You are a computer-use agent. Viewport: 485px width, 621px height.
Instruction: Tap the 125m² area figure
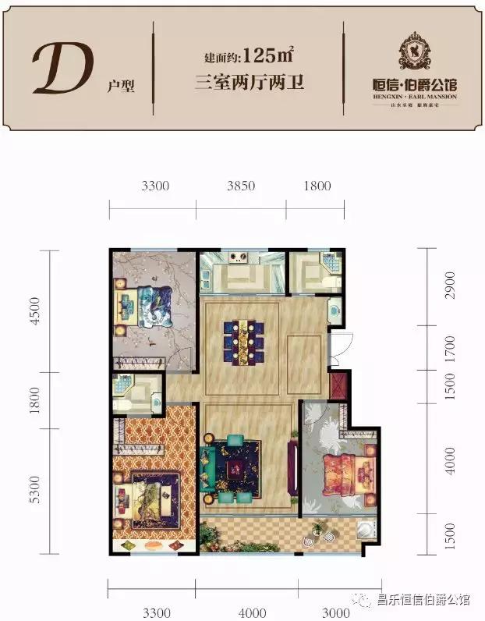click(268, 55)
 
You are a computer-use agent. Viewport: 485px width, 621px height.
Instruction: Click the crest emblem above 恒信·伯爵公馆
click(410, 51)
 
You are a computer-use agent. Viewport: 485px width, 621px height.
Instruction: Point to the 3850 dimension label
click(241, 186)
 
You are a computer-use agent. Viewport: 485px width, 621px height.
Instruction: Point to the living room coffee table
click(241, 467)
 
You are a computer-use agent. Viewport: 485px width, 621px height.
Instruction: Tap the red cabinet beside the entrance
click(338, 386)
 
